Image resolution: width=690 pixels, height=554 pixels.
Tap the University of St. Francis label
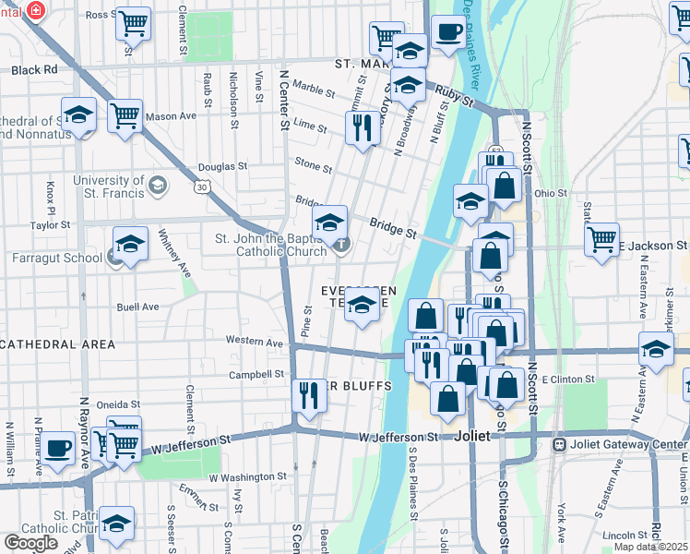point(108,187)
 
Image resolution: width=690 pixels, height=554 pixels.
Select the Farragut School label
point(57,257)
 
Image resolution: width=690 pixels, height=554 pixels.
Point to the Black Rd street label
point(35,69)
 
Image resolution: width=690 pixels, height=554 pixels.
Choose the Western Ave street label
point(255,342)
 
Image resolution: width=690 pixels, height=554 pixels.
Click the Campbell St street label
point(256,375)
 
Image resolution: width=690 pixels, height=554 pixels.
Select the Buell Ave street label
point(137,307)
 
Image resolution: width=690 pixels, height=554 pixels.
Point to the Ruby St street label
point(454,93)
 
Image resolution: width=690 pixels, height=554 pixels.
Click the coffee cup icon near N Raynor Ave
point(58,448)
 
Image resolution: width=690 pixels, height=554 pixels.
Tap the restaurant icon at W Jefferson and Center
point(307,395)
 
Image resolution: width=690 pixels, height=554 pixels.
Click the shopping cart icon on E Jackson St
point(601,239)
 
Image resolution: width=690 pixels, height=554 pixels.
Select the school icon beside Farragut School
point(130,245)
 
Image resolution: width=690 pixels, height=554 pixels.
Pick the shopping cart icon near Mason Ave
point(125,116)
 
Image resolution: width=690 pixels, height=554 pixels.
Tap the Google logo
point(31,542)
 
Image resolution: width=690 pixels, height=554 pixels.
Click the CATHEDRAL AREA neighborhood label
point(57,344)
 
